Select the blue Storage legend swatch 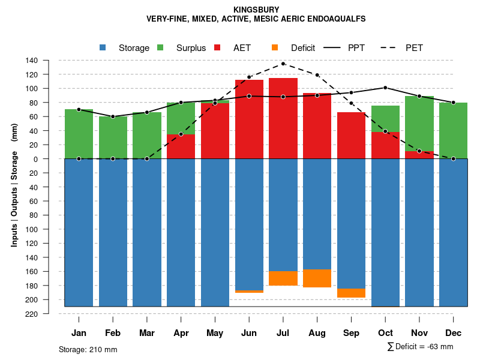[103, 47]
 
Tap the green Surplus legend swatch [160, 47]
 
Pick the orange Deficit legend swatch [275, 47]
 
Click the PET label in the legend [414, 48]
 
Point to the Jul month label [283, 333]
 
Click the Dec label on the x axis [453, 333]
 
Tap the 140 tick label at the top [32, 61]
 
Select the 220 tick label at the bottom [32, 314]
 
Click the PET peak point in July [283, 64]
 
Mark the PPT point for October [385, 88]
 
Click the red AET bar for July [283, 120]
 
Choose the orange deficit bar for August [317, 278]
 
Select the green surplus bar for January [79, 134]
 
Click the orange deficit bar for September [351, 293]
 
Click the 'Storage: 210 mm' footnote [88, 349]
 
